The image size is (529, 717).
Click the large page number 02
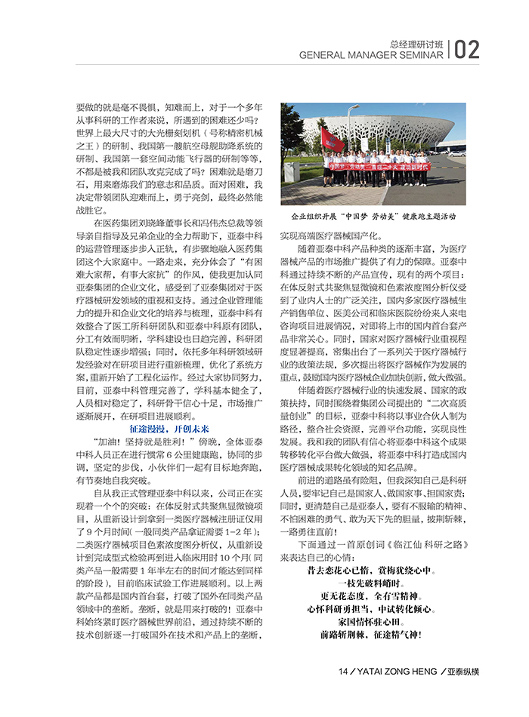pos(466,49)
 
